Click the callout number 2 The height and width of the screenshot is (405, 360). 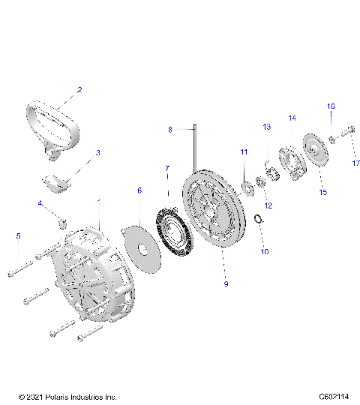pyautogui.click(x=79, y=90)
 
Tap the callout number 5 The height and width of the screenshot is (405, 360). pyautogui.click(x=17, y=236)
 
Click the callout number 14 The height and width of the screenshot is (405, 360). pyautogui.click(x=292, y=118)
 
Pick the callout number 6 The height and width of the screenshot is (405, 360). pyautogui.click(x=139, y=191)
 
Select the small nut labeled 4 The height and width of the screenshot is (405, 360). pyautogui.click(x=64, y=222)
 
